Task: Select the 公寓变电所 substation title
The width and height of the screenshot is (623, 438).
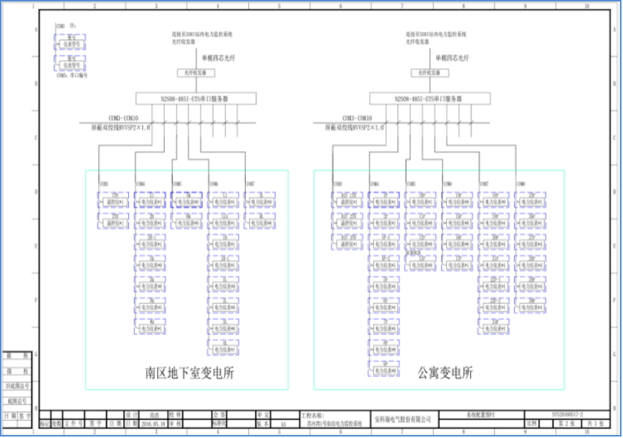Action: (x=446, y=373)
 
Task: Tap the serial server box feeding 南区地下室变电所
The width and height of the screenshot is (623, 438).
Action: (x=196, y=98)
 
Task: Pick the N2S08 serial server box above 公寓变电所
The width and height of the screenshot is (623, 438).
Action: (x=430, y=98)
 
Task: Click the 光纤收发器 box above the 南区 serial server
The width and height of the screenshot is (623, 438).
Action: (x=196, y=73)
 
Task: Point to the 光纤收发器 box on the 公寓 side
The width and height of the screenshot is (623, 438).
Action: (x=429, y=73)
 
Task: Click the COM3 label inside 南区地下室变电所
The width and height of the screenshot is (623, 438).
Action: (x=104, y=183)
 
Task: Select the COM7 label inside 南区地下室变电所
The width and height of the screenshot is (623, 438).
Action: (x=250, y=183)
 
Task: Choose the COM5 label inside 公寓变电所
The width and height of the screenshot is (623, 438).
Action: (x=411, y=183)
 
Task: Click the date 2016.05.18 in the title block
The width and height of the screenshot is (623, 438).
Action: (x=152, y=423)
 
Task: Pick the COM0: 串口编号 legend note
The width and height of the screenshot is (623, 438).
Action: (x=72, y=75)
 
